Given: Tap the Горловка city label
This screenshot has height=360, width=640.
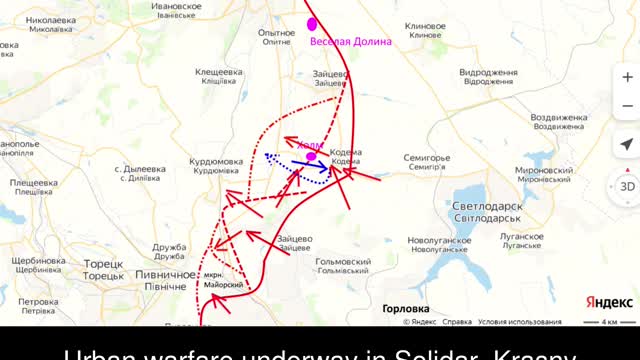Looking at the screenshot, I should [x=406, y=309].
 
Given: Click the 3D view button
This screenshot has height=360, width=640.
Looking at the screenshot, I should [x=627, y=187].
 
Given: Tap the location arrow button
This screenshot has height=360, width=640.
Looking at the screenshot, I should [x=627, y=144].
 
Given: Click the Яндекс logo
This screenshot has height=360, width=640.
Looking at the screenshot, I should [x=608, y=302].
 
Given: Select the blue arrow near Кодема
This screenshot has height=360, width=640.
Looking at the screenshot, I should [x=312, y=167].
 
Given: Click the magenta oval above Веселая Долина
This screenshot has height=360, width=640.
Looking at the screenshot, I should [x=313, y=23].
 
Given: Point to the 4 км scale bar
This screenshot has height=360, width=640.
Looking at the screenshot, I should [x=609, y=322].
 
